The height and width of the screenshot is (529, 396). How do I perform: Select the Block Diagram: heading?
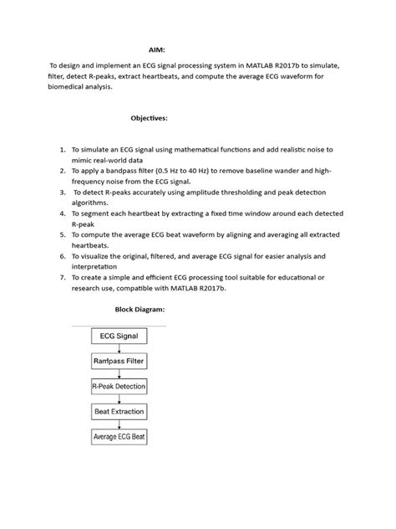click(x=140, y=310)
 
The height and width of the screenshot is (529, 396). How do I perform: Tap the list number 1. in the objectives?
click(x=63, y=147)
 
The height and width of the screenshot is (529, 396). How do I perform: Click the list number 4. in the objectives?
click(x=63, y=213)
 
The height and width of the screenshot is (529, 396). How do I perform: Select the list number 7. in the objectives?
click(x=63, y=276)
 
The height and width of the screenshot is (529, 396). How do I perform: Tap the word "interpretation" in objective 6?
click(x=99, y=268)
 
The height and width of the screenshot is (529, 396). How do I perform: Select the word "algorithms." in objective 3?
click(x=94, y=203)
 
